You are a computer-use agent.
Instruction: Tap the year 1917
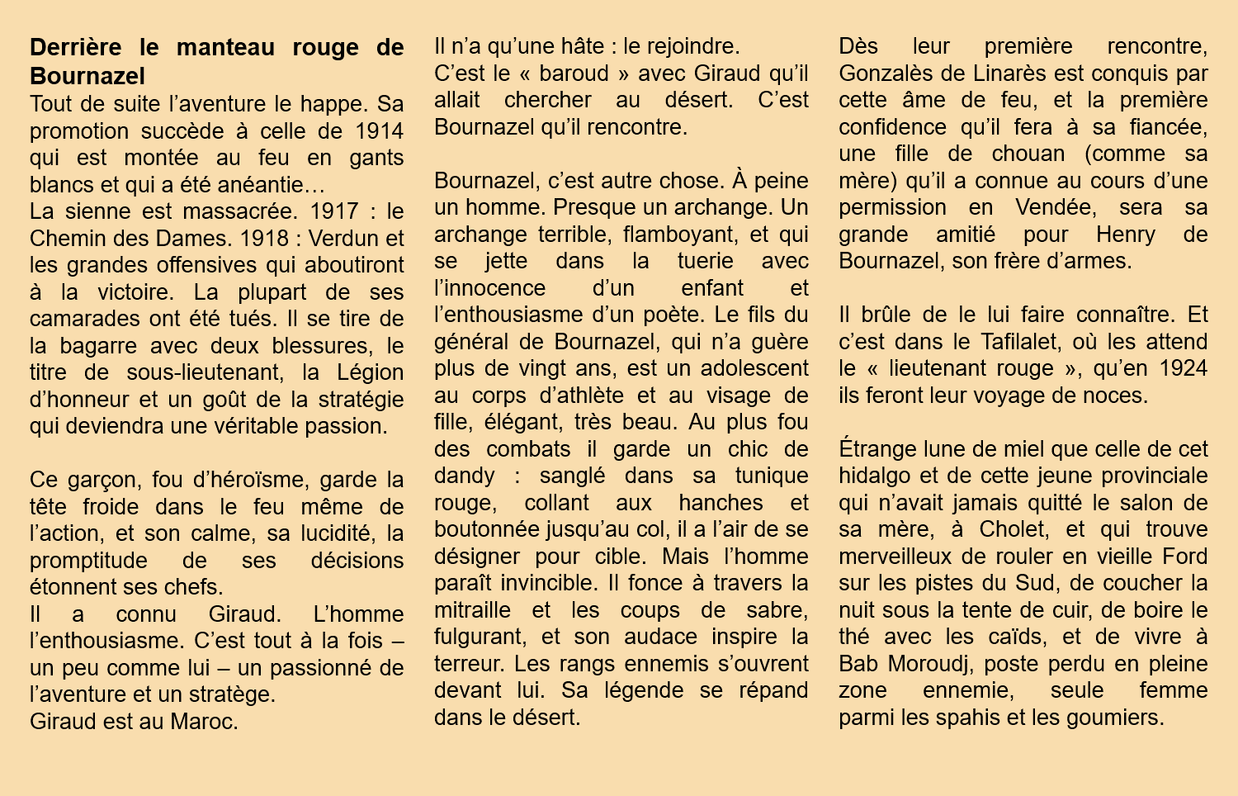pyautogui.click(x=334, y=211)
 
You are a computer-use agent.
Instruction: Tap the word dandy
pyautogui.click(x=465, y=476)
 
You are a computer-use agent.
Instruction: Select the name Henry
pyautogui.click(x=1126, y=235)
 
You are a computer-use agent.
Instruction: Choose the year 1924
pyautogui.click(x=1184, y=368)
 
